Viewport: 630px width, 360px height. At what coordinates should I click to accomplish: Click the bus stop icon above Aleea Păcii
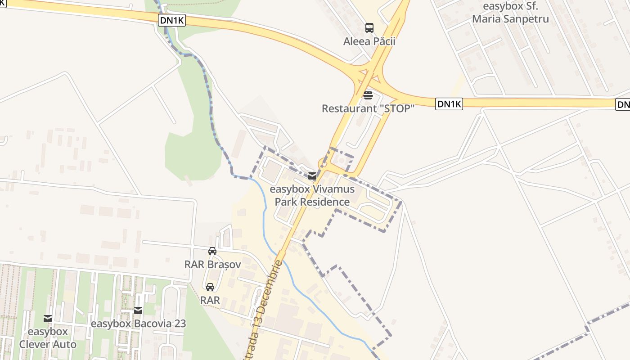[369, 28]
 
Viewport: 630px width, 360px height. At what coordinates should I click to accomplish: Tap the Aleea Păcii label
[369, 41]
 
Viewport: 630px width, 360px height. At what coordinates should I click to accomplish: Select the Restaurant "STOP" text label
[368, 108]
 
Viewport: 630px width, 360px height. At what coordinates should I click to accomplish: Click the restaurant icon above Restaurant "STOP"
[368, 95]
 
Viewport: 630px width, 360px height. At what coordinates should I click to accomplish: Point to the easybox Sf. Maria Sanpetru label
[510, 13]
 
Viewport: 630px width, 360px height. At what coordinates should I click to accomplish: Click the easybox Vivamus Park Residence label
[312, 195]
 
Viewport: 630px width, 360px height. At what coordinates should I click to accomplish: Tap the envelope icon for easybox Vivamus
[312, 176]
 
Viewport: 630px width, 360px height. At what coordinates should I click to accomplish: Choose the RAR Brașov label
[212, 264]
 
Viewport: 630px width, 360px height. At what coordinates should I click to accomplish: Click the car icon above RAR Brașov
[212, 251]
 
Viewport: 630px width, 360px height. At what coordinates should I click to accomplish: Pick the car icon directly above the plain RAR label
[210, 287]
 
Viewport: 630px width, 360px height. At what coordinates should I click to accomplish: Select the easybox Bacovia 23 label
[138, 324]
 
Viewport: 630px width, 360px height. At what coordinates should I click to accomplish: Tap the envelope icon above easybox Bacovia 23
[138, 310]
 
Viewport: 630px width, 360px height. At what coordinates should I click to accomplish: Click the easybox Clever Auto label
[48, 338]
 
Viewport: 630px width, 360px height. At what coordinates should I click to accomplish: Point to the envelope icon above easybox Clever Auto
[48, 319]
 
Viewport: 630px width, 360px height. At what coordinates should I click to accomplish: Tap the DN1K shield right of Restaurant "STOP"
[450, 104]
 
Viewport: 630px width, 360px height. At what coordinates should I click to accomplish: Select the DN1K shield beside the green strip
[172, 20]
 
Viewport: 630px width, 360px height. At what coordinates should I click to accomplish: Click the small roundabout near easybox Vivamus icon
[323, 163]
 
